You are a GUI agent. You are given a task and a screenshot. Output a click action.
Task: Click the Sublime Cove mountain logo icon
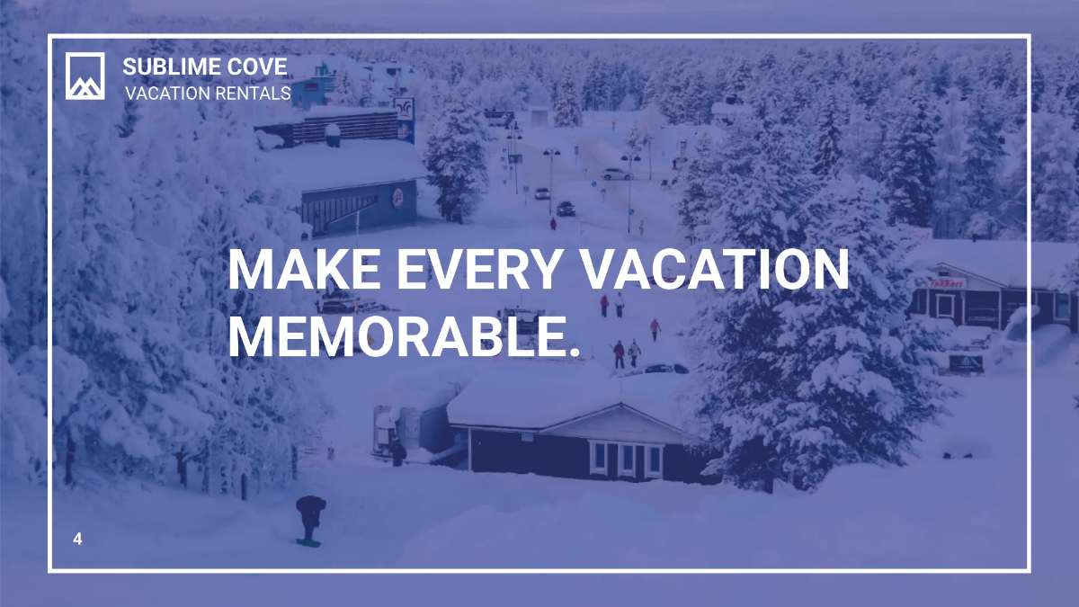(x=85, y=76)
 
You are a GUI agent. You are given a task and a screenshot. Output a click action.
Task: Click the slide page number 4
(x=77, y=540)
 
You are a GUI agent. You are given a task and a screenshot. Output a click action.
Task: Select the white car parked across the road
(x=617, y=174)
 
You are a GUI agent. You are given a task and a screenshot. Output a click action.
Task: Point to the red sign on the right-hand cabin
(x=946, y=282)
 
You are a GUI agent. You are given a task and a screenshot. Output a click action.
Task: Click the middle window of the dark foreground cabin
(x=628, y=459)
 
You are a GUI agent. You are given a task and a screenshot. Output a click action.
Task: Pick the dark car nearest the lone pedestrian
(x=566, y=209)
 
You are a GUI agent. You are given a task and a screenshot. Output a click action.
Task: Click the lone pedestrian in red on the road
(x=553, y=223)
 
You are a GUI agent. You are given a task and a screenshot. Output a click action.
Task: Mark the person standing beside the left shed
(x=397, y=450)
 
